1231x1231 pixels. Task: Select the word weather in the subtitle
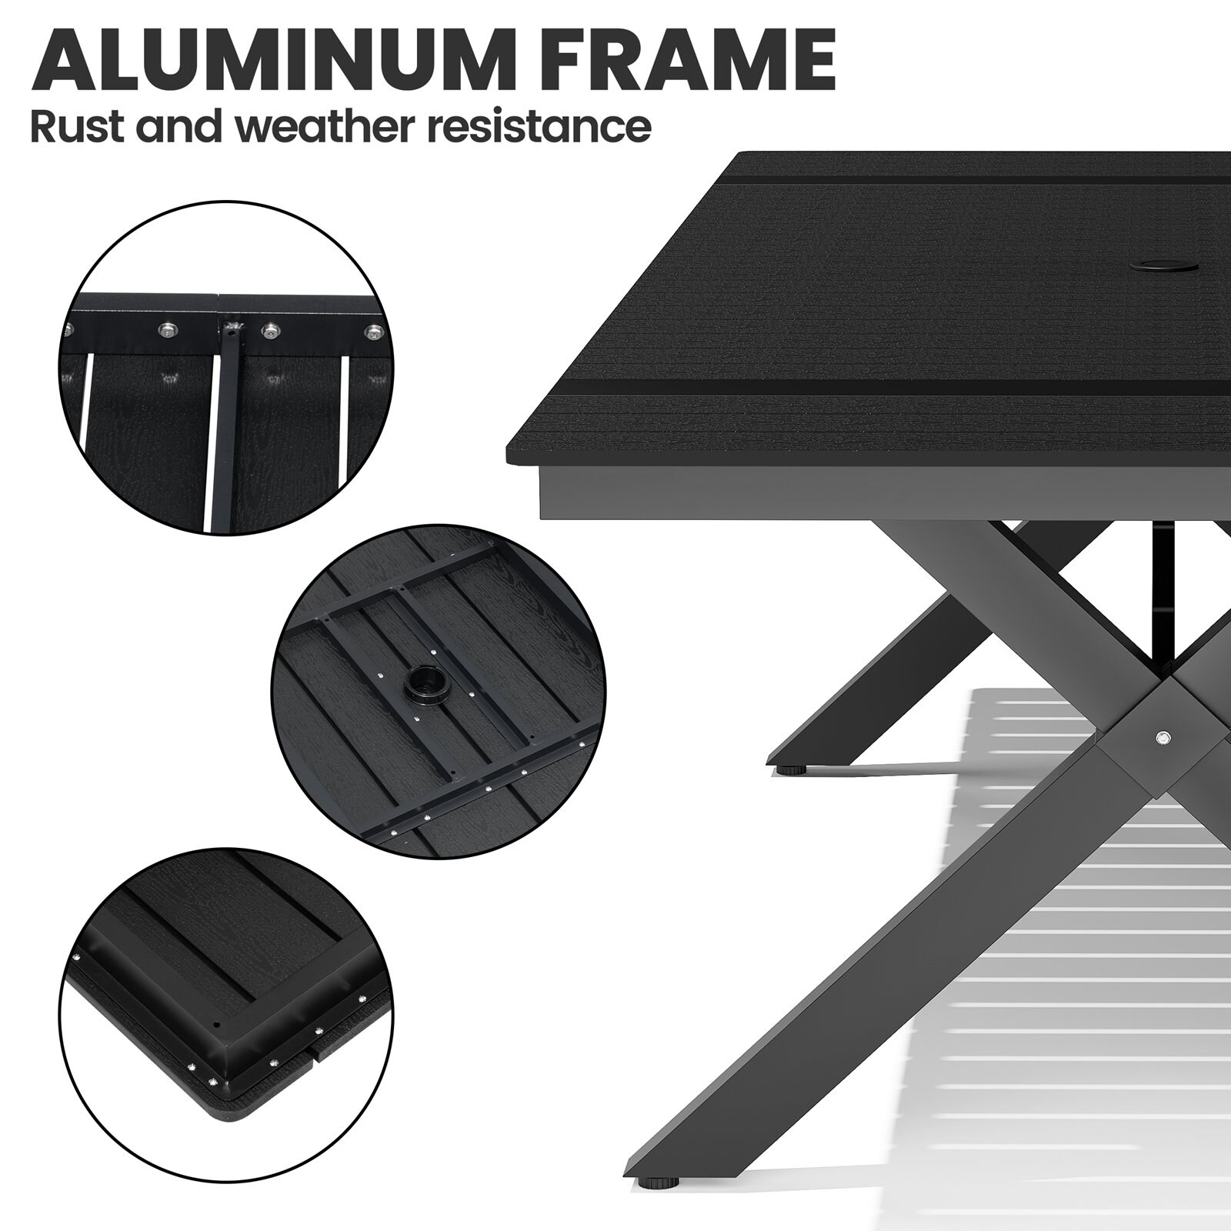pos(322,126)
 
